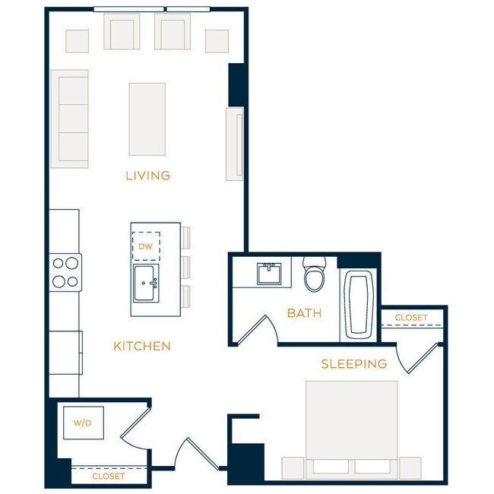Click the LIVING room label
pos(147,176)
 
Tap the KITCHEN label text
pos(142,346)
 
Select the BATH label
pos(304,312)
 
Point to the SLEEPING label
pos(353,364)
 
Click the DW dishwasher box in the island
pos(146,245)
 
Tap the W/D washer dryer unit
pos(84,423)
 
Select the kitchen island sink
pos(145,283)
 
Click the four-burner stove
pos(65,272)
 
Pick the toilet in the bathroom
pos(315,275)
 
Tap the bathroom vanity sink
pos(269,274)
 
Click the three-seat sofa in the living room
pos(70,119)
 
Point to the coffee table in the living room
pos(147,119)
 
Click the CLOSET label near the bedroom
pos(410,317)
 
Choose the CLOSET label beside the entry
pos(108,477)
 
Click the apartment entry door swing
pos(190,456)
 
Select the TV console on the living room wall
pos(234,144)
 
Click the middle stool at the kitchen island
pos(185,266)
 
